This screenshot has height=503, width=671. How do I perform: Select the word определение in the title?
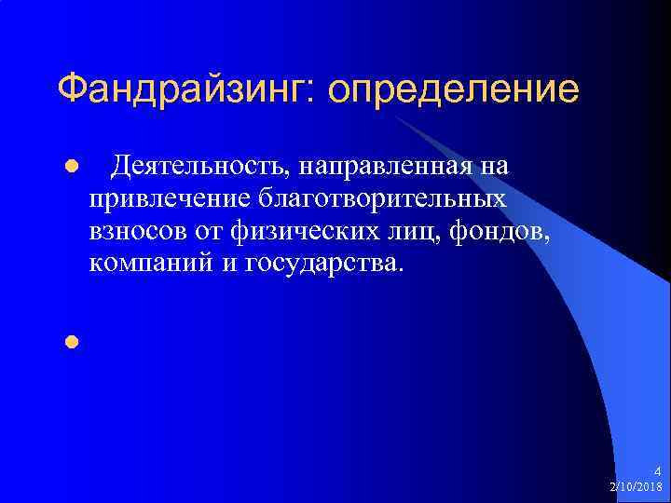point(453,90)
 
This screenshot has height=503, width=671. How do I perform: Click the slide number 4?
point(657,471)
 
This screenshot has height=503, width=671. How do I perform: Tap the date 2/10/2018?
point(636,486)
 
